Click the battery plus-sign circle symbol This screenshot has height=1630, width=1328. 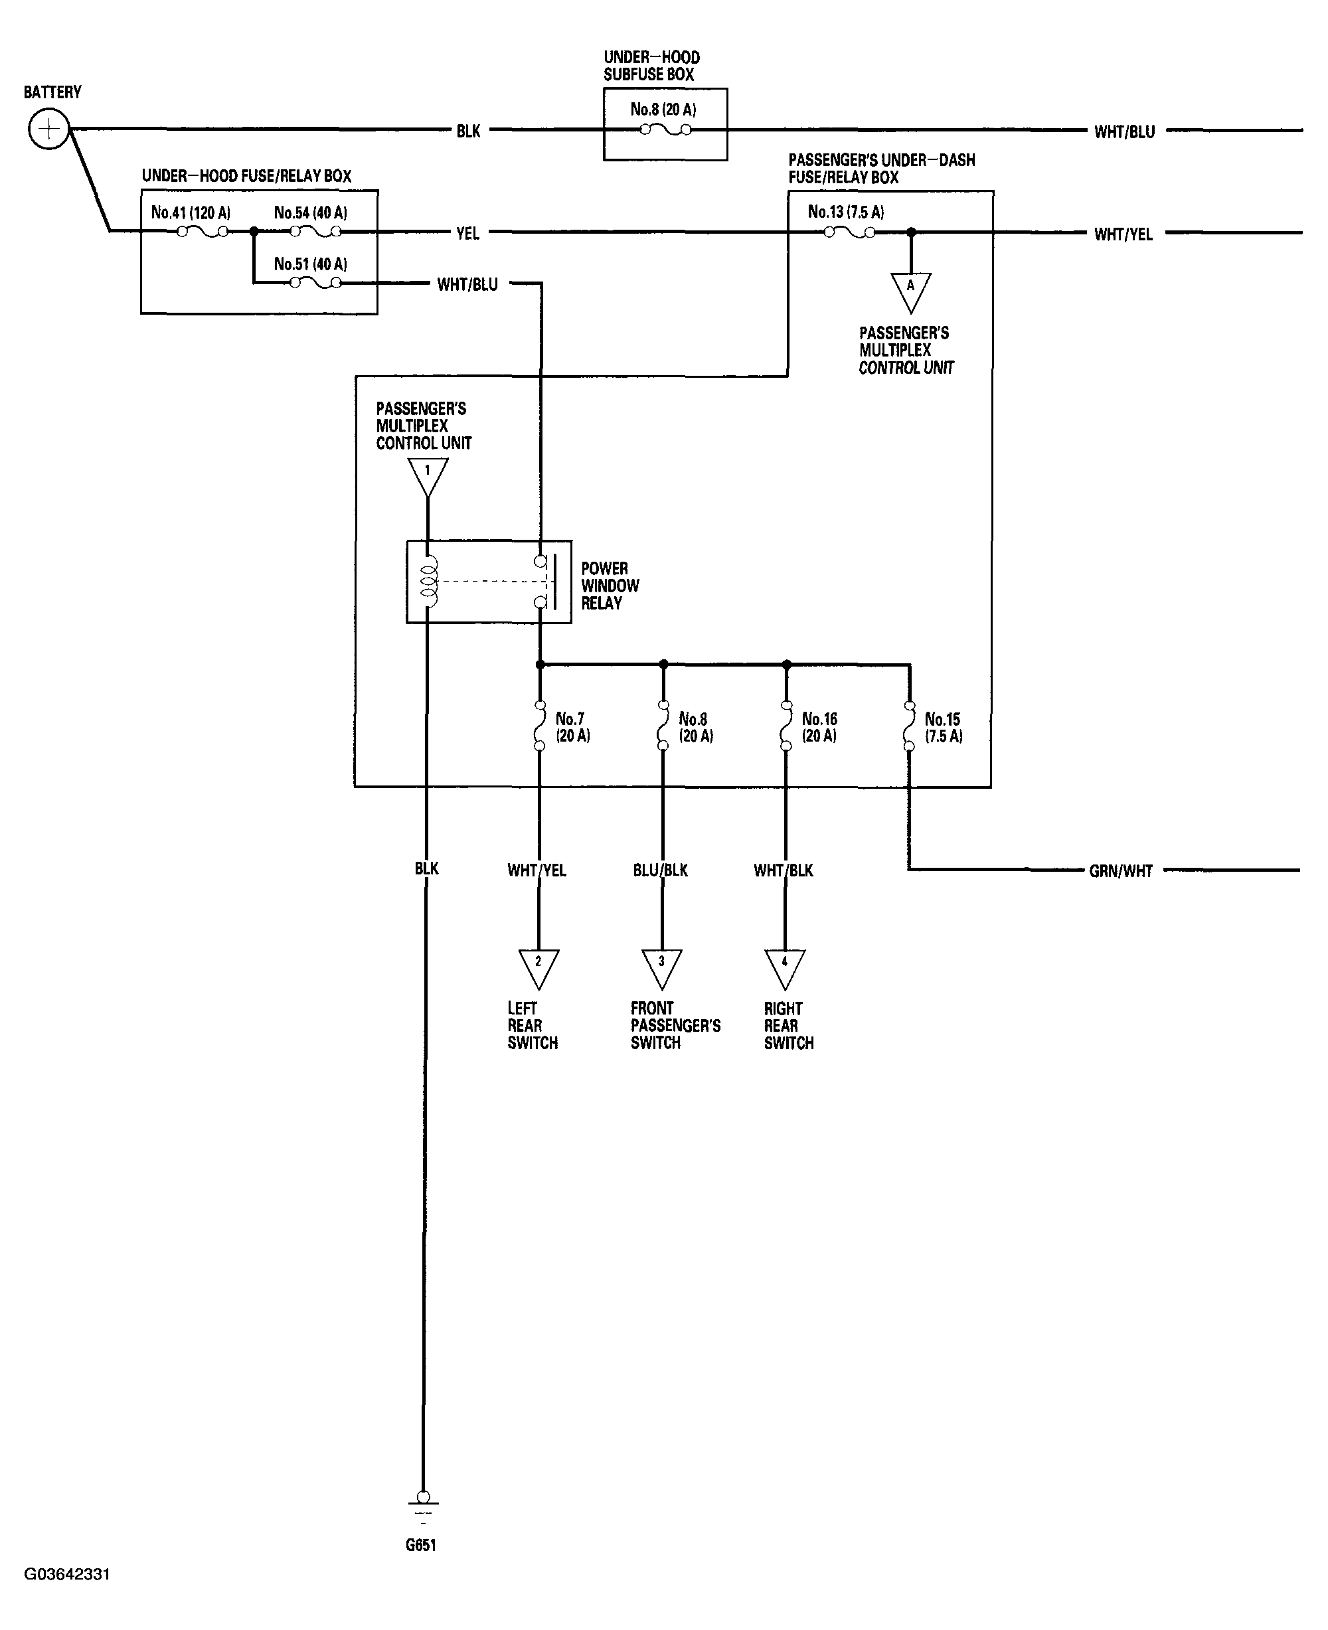coord(49,129)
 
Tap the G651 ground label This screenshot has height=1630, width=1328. coord(421,1544)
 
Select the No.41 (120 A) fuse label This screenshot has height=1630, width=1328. coord(191,212)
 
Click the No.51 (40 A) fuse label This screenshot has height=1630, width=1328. coord(310,264)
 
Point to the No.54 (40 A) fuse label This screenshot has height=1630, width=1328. coord(310,212)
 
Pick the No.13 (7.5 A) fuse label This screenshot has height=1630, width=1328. coord(845,212)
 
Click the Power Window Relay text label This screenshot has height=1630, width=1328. coord(609,585)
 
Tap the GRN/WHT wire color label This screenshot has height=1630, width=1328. coord(1120,870)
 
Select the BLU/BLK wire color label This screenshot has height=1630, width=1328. coord(660,870)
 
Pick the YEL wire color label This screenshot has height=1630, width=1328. coord(467,233)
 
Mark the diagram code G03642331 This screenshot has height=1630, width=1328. coord(67,1574)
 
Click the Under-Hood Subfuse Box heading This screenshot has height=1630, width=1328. coord(651,66)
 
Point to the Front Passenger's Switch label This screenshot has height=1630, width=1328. coord(675,1025)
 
